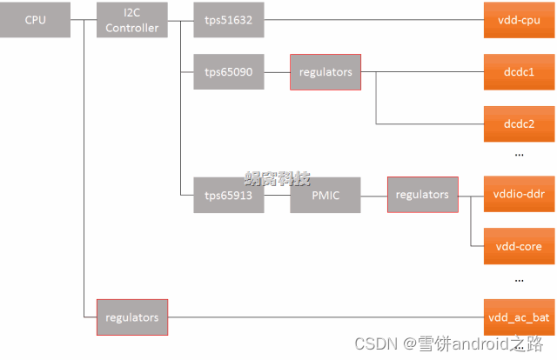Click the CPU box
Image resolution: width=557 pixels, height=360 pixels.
point(36,19)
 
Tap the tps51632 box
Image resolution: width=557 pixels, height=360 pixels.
point(229,19)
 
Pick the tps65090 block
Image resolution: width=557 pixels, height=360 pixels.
point(229,71)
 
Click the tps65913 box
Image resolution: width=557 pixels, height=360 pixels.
point(229,195)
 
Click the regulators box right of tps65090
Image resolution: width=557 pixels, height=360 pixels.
point(325,71)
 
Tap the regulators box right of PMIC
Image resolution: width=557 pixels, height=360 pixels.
point(422,195)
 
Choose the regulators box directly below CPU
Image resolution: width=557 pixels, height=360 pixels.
point(131,317)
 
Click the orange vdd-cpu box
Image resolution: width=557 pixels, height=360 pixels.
point(519,19)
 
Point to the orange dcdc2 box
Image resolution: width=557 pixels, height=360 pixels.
point(519,123)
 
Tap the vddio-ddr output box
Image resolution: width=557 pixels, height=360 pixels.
point(519,194)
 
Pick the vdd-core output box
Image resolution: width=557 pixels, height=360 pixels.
point(519,246)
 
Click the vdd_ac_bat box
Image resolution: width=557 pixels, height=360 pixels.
point(519,317)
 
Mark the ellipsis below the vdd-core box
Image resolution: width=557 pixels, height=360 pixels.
point(519,281)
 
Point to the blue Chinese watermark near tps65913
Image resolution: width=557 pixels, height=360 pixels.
point(277,178)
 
